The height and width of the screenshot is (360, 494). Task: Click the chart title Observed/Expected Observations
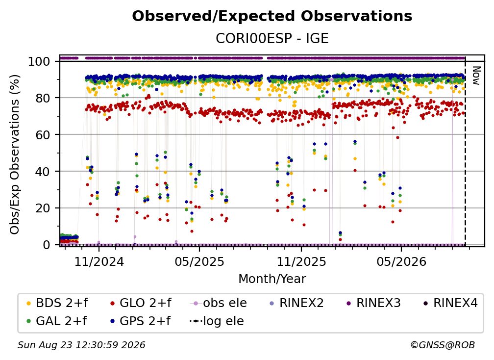coord(272,16)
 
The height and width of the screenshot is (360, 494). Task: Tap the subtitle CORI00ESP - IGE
coord(272,38)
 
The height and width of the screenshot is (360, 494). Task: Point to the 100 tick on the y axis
coord(39,61)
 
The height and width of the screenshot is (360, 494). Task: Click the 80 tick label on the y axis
coord(43,98)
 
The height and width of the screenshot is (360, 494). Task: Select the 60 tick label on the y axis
coord(43,134)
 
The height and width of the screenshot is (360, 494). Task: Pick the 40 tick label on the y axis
coord(43,172)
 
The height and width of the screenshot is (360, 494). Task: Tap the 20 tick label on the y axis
coord(43,208)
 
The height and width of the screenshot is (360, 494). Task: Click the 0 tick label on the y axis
coord(47,245)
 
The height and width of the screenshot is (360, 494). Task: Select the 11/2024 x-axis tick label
coord(99,261)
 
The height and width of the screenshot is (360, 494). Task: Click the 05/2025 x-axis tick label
coord(199,261)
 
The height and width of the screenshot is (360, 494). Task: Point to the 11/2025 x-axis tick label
coord(301,261)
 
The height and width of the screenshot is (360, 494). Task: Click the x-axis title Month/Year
coord(272,279)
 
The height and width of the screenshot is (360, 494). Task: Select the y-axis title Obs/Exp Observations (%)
coord(15,154)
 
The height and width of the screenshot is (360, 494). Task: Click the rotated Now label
coord(476,76)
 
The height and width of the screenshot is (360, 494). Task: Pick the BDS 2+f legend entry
coord(57,303)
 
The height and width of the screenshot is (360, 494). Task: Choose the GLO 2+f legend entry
coord(141,303)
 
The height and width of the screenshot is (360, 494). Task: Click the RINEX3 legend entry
coord(373,303)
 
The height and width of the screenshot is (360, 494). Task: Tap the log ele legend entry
coord(217,321)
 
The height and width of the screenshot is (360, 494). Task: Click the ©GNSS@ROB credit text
coord(443,345)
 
